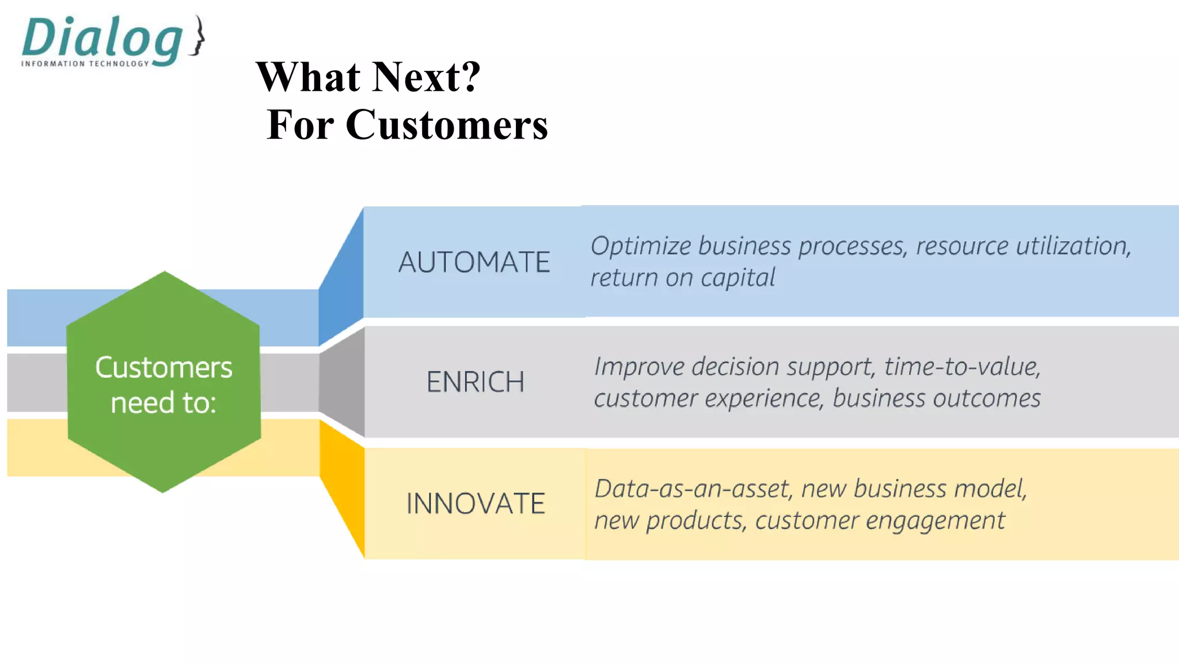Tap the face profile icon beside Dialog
(x=198, y=36)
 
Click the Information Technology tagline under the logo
(x=85, y=64)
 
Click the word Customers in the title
(x=447, y=125)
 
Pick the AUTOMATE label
(x=474, y=262)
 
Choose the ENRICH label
(x=475, y=382)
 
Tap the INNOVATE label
(x=475, y=504)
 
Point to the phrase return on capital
(x=683, y=278)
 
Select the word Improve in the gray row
(x=638, y=367)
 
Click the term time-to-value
(x=962, y=367)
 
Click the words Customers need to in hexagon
(x=163, y=384)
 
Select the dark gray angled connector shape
(x=343, y=382)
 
